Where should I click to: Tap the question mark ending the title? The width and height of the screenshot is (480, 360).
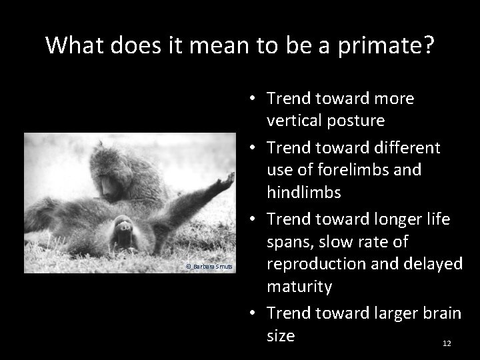point(427,45)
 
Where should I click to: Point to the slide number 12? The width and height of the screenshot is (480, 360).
point(447,343)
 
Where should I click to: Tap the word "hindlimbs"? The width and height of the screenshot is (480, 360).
point(304,193)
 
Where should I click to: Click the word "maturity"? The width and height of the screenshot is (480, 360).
point(299,287)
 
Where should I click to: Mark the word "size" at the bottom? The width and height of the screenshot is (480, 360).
point(281,335)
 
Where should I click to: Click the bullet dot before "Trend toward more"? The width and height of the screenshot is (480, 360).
point(254,99)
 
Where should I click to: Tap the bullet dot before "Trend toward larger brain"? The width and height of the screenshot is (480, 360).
point(254,313)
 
